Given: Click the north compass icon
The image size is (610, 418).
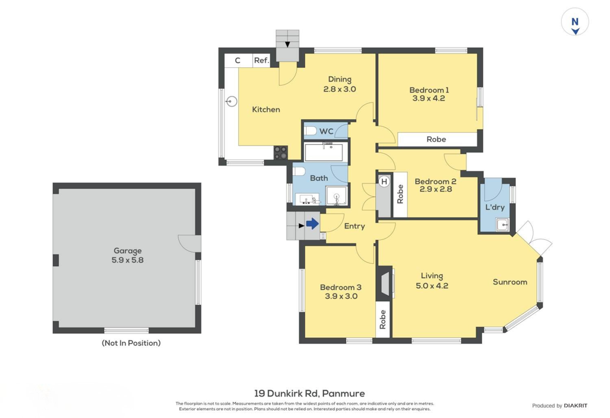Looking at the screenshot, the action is (575, 22).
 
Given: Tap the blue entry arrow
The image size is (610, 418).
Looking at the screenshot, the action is (312, 223).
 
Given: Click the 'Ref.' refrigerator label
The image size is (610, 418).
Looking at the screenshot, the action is (262, 60).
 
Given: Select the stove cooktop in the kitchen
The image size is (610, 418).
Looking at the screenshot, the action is (281, 153).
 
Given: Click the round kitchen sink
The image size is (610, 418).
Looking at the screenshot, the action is (232, 101).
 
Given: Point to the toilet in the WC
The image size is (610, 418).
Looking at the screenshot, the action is (310, 131).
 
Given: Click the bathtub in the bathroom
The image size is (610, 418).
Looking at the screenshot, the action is (323, 152).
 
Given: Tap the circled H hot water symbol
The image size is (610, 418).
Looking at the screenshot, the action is (384, 181).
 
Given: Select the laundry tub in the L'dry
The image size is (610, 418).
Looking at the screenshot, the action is (502, 224).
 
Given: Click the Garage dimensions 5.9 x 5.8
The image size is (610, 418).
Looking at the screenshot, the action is (127, 260).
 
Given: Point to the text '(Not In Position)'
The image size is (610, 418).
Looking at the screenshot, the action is (131, 343).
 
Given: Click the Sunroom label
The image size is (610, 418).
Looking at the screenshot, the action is (510, 282).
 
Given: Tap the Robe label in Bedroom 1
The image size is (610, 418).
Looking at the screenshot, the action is (436, 139).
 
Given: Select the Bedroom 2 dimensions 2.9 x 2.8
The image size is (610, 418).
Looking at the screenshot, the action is (435, 189).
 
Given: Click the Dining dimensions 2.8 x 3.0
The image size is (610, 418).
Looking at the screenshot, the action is (340, 89).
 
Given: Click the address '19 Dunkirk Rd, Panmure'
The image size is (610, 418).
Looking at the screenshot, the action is (310, 394).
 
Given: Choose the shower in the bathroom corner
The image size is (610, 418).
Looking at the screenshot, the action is (336, 195).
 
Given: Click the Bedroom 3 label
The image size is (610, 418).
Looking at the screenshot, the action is (341, 288).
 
